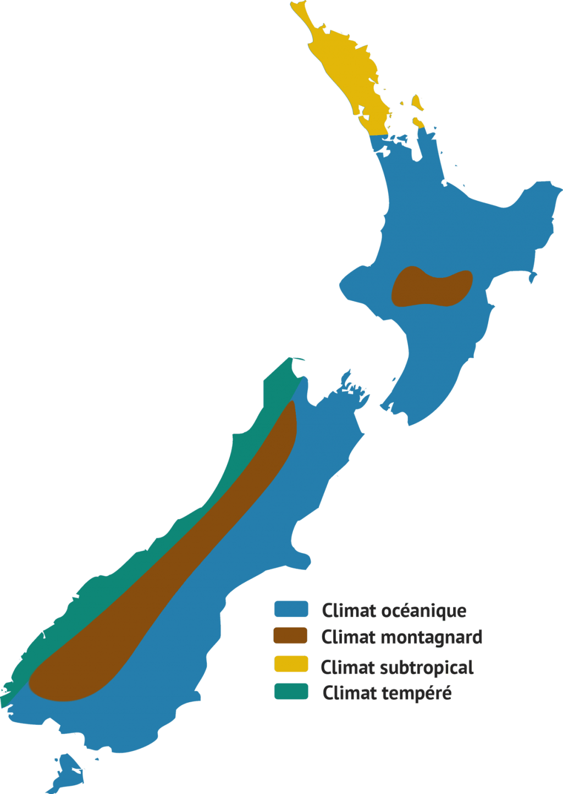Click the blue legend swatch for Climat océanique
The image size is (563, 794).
point(291,609)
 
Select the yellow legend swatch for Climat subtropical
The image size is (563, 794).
point(291,664)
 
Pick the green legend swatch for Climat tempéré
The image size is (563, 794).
point(291,691)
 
